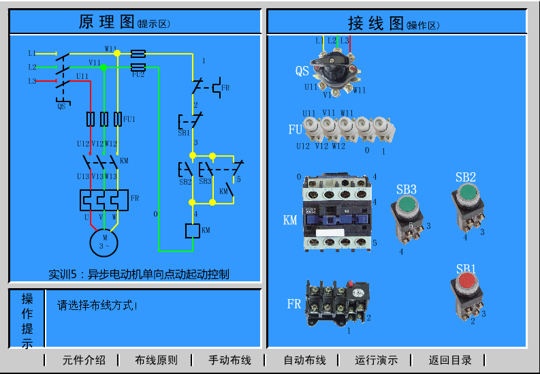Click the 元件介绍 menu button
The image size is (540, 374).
(x=84, y=360)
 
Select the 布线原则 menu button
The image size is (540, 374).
(x=156, y=360)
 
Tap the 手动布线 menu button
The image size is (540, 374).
(x=229, y=360)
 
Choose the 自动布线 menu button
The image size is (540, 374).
(x=304, y=360)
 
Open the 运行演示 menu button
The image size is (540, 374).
(x=376, y=360)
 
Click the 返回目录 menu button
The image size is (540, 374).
(x=450, y=360)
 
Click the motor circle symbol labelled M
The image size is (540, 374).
(x=104, y=241)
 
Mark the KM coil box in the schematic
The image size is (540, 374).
(x=192, y=230)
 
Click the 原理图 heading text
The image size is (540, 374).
(x=107, y=22)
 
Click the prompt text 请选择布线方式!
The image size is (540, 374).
(x=97, y=306)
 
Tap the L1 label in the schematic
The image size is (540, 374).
(x=32, y=53)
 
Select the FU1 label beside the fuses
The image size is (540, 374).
(x=129, y=119)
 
